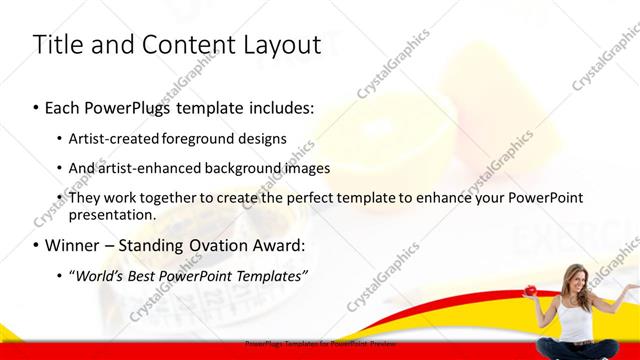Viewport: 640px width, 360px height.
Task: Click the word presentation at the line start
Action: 112,214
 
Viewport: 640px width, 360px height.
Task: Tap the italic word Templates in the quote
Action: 270,275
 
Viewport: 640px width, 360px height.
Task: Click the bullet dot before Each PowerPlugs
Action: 36,106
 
